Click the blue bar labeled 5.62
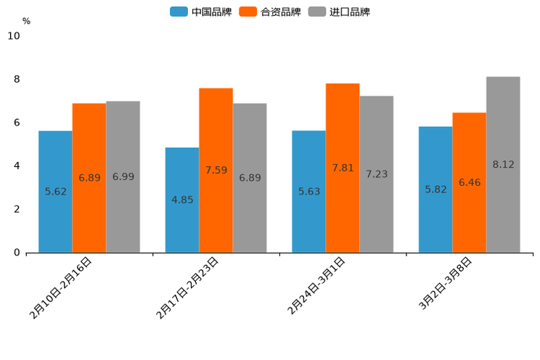click(55, 192)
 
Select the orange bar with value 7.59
click(216, 170)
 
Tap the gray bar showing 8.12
click(503, 164)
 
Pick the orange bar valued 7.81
click(343, 168)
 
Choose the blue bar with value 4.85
click(182, 200)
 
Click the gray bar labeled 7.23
click(376, 174)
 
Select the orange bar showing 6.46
click(469, 182)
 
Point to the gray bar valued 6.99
click(123, 176)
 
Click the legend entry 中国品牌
click(201, 12)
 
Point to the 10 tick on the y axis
click(14, 36)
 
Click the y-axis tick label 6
click(17, 123)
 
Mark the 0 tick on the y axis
click(17, 253)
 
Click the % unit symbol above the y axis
click(26, 21)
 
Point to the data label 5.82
click(436, 189)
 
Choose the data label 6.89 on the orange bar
click(89, 178)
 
